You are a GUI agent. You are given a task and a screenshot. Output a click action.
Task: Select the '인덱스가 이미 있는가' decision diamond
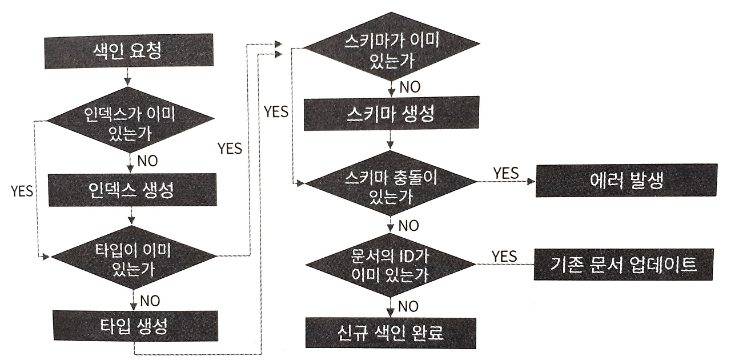click(131, 121)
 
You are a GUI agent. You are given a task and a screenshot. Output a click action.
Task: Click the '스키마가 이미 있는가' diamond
click(391, 49)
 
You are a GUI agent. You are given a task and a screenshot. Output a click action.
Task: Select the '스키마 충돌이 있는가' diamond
click(391, 183)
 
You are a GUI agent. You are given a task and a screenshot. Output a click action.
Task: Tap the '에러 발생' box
click(625, 181)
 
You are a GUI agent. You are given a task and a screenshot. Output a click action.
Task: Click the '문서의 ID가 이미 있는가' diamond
click(391, 265)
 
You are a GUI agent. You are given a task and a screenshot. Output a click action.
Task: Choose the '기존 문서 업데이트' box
click(624, 263)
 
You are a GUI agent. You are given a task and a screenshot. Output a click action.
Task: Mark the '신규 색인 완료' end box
click(391, 333)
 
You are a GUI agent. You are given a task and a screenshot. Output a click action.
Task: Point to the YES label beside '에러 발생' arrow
click(505, 172)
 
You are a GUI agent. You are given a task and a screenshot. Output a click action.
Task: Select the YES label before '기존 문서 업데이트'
click(504, 255)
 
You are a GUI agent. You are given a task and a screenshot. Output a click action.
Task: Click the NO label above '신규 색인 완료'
click(408, 306)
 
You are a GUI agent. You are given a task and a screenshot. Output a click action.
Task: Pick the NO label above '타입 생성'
click(150, 299)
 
